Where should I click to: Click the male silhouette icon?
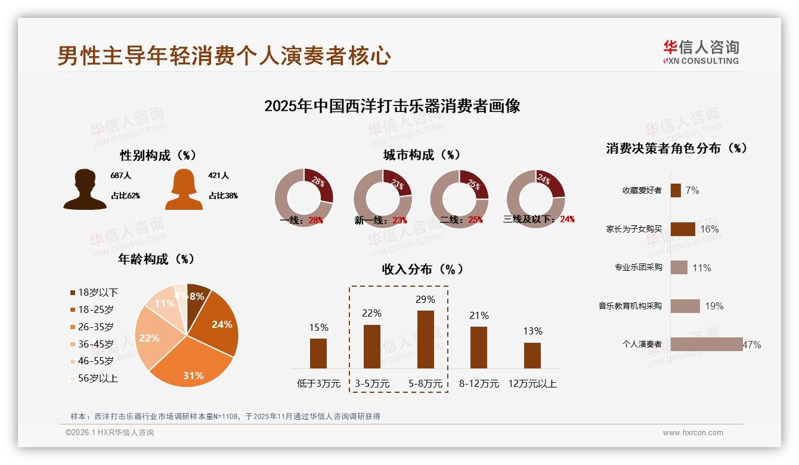(85, 190)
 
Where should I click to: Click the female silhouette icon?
(184, 190)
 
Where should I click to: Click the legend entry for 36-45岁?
(94, 344)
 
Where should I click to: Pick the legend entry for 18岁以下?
(94, 292)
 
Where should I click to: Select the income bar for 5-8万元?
(426, 339)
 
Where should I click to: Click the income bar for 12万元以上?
(532, 355)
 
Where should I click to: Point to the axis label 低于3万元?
(318, 384)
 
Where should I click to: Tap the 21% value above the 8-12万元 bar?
(479, 315)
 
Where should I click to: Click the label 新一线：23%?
(380, 220)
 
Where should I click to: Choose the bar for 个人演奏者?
(707, 344)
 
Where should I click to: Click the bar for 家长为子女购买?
(683, 229)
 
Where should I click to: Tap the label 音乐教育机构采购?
(630, 306)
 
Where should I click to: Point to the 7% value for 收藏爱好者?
(692, 190)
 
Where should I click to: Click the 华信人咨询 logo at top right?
(701, 52)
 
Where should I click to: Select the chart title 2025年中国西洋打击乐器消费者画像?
(392, 106)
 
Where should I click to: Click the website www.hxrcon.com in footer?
(693, 433)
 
